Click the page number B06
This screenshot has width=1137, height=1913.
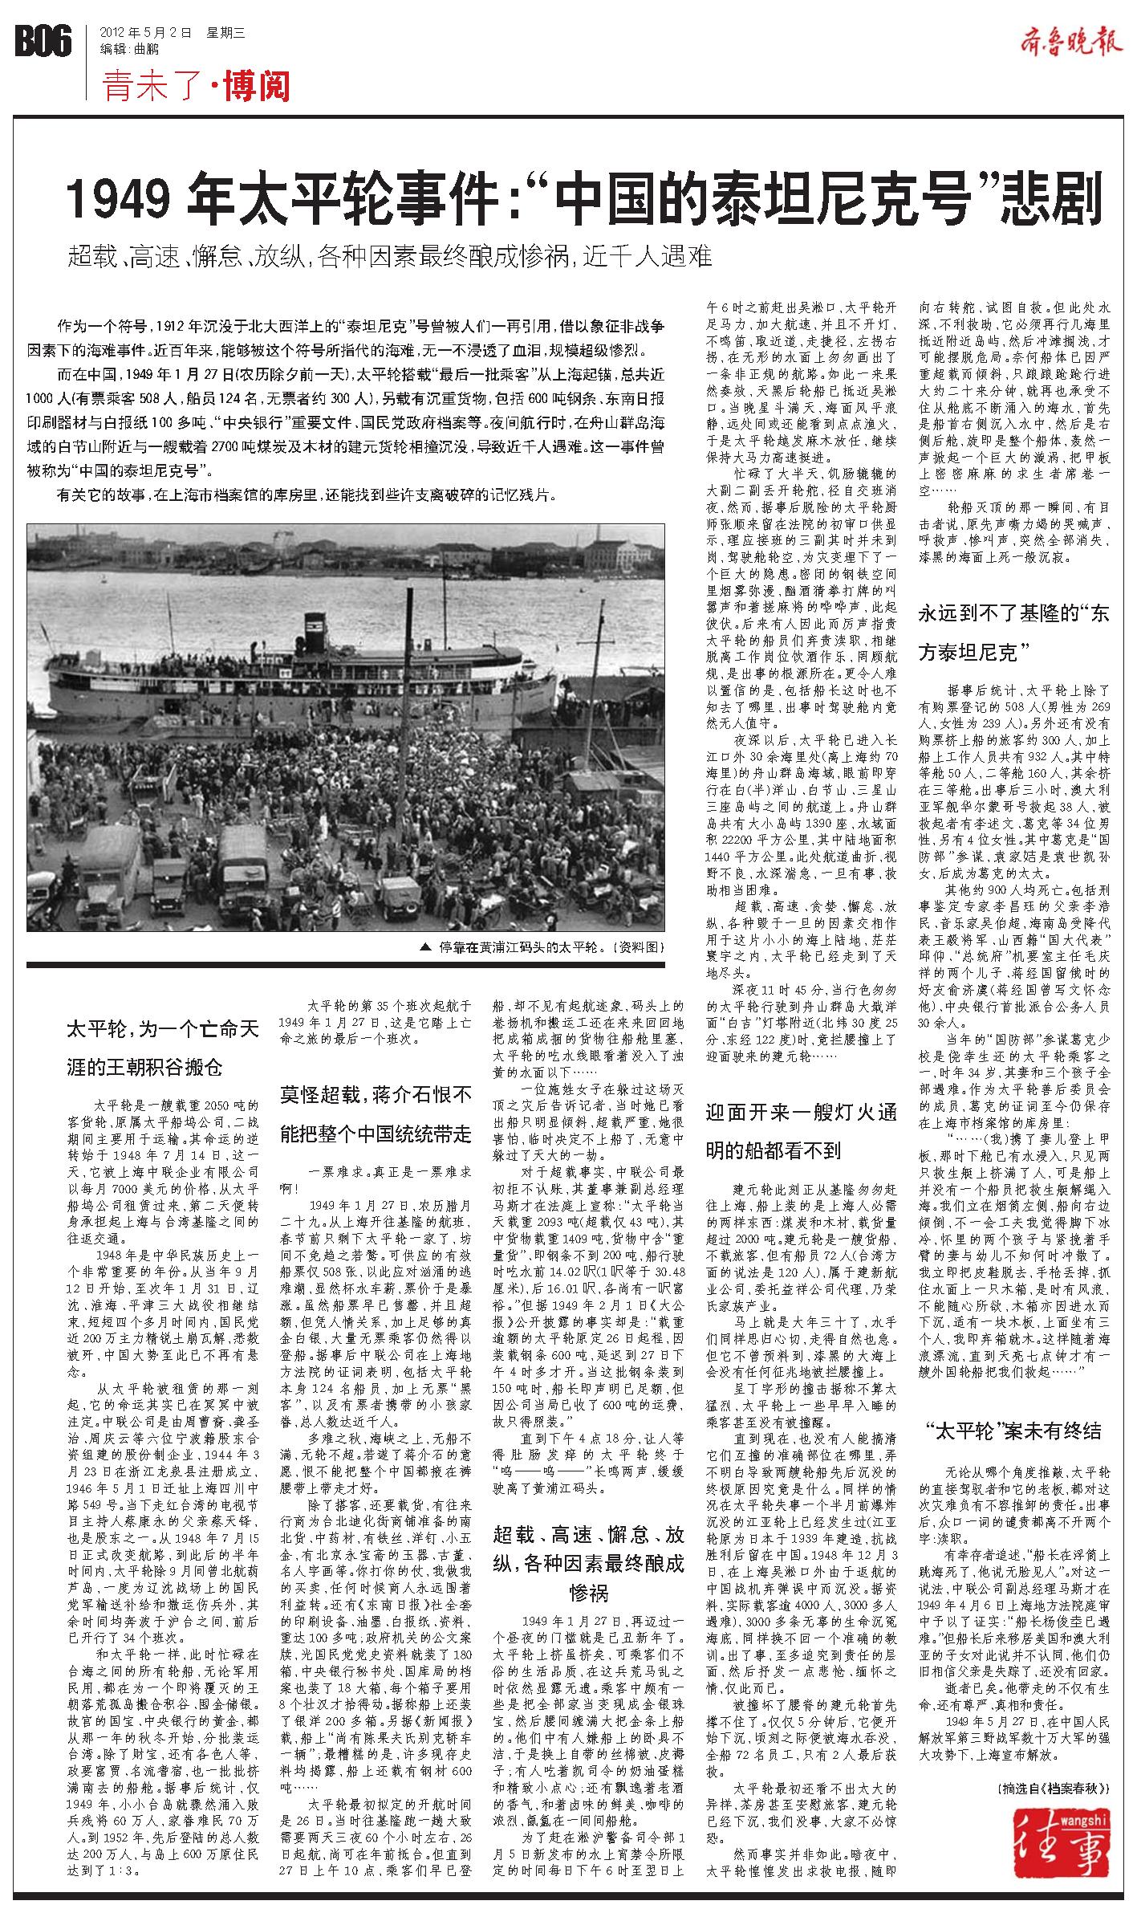coord(43,40)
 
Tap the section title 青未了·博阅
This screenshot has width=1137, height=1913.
coord(196,87)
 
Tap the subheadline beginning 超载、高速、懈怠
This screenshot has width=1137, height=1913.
coord(390,257)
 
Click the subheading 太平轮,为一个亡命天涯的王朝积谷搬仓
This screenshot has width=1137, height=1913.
coord(163,1048)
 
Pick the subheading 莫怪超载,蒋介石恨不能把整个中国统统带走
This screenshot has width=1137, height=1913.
coord(376,1114)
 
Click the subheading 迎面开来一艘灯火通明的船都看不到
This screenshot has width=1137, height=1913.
coord(801,1132)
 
